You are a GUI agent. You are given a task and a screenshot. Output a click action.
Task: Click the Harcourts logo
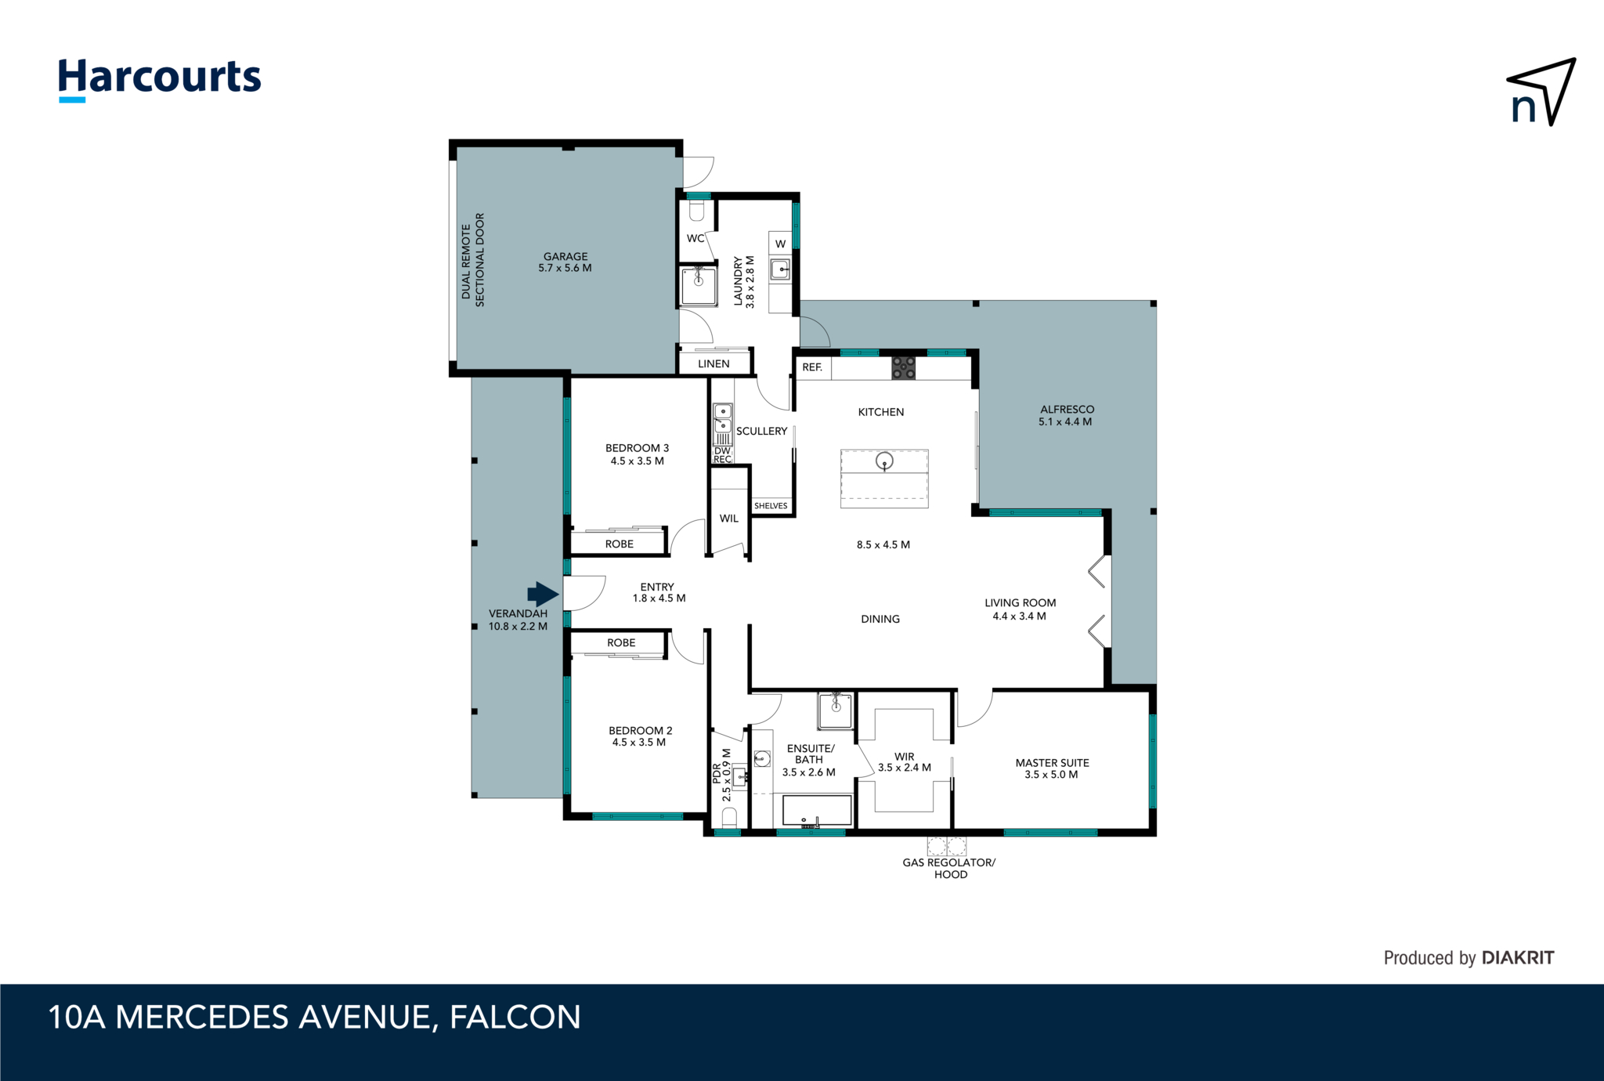(x=160, y=80)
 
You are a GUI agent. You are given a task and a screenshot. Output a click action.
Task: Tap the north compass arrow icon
(x=1541, y=92)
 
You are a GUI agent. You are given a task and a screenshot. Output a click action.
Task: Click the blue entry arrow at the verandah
(x=543, y=593)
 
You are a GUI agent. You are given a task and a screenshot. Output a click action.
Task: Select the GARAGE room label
(x=565, y=256)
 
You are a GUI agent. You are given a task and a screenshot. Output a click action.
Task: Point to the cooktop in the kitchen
(x=903, y=367)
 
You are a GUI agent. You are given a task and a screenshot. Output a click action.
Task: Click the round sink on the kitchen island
(x=884, y=461)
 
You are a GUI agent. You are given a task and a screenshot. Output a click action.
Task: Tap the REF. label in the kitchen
(x=812, y=367)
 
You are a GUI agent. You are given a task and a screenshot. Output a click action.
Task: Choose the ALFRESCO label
(x=1068, y=409)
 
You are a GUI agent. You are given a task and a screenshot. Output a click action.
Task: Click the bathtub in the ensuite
(x=817, y=811)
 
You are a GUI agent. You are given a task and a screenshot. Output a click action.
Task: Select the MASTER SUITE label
(x=1052, y=762)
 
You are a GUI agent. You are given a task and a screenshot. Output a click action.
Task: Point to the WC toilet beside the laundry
(x=697, y=211)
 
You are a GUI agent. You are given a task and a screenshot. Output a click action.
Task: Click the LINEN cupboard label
(x=713, y=363)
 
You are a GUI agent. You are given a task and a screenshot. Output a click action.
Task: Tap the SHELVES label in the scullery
(x=771, y=506)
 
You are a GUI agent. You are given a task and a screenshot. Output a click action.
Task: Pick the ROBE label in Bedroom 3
(x=620, y=544)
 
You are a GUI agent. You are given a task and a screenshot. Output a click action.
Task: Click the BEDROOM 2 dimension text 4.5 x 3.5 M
(x=639, y=743)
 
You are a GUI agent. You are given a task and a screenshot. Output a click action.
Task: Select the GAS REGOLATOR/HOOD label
(x=949, y=868)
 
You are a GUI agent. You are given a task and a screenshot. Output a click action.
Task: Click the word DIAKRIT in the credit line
(x=1518, y=957)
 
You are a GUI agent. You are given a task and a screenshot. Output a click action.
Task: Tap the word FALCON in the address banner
(x=515, y=1017)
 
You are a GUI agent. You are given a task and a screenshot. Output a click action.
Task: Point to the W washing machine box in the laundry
(x=780, y=244)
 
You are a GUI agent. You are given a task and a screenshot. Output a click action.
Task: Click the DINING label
(x=880, y=619)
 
